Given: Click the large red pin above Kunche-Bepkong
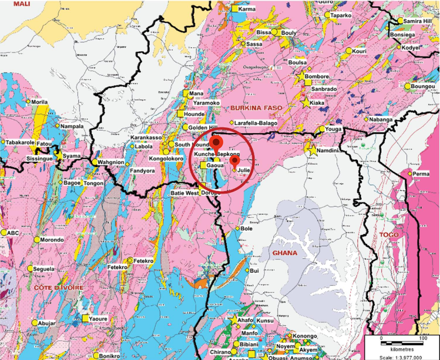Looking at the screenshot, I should click(216, 142).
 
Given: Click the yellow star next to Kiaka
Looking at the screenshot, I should click(306, 103).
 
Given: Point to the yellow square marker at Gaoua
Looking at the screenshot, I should click(203, 166).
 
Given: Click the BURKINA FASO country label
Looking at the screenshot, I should click(256, 108).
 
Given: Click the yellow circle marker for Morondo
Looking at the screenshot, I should click(37, 240).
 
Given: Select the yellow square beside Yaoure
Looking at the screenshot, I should click(85, 319).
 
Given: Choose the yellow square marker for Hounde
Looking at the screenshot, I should click(180, 114).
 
